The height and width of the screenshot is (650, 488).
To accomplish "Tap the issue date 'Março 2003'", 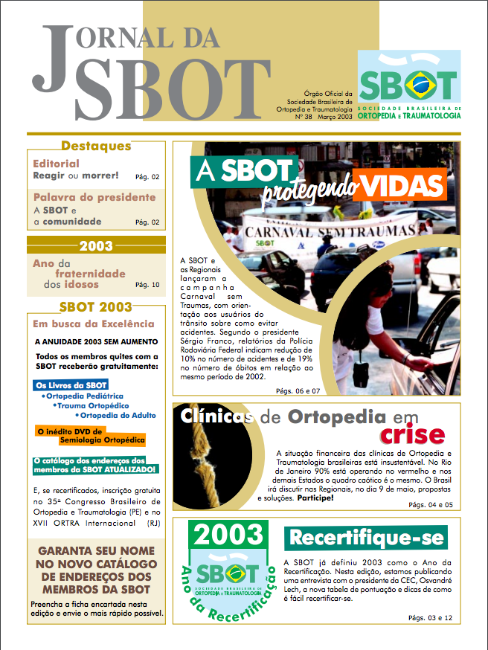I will click(334, 117).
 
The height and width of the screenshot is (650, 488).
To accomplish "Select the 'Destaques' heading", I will click(97, 146).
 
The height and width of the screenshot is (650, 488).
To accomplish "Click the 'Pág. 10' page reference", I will click(147, 285).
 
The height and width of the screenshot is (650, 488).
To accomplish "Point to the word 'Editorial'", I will click(56, 164).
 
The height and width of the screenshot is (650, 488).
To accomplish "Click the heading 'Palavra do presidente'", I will click(94, 197).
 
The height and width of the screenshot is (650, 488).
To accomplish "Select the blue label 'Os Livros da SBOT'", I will click(71, 385).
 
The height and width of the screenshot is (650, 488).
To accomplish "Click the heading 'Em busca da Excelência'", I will click(94, 324).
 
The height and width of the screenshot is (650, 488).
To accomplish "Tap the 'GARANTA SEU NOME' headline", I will click(96, 552).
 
